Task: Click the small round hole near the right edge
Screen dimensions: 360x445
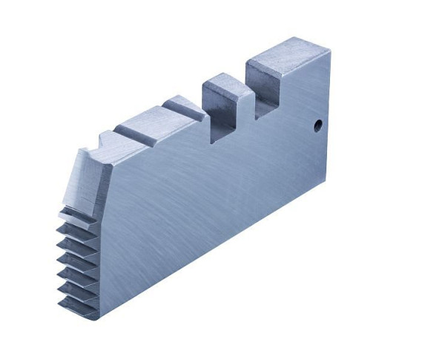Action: pyautogui.click(x=317, y=125)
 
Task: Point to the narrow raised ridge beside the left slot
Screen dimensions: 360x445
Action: pyautogui.click(x=182, y=108)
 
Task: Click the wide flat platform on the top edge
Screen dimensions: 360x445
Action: pyautogui.click(x=148, y=122)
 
